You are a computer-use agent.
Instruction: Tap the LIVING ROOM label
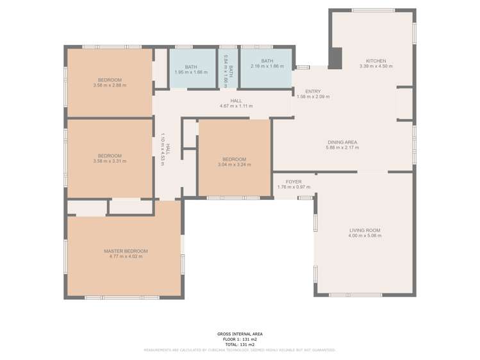(365, 230)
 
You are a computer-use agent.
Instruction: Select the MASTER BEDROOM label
(126, 250)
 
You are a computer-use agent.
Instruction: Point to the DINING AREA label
(342, 142)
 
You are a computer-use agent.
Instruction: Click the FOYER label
(294, 182)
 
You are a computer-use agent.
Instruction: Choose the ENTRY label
(313, 92)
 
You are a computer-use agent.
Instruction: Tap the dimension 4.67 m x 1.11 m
(236, 106)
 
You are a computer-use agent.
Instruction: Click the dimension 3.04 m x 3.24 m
(234, 165)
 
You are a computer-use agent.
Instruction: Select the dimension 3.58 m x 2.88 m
(110, 85)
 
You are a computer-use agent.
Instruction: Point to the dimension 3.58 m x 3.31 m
(110, 161)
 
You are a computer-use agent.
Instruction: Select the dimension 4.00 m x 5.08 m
(365, 236)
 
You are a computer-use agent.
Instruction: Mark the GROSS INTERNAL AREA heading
(239, 334)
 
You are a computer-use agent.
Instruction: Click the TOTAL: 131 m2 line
(239, 344)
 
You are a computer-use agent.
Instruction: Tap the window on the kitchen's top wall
(373, 10)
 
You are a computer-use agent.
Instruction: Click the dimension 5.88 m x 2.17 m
(342, 147)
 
